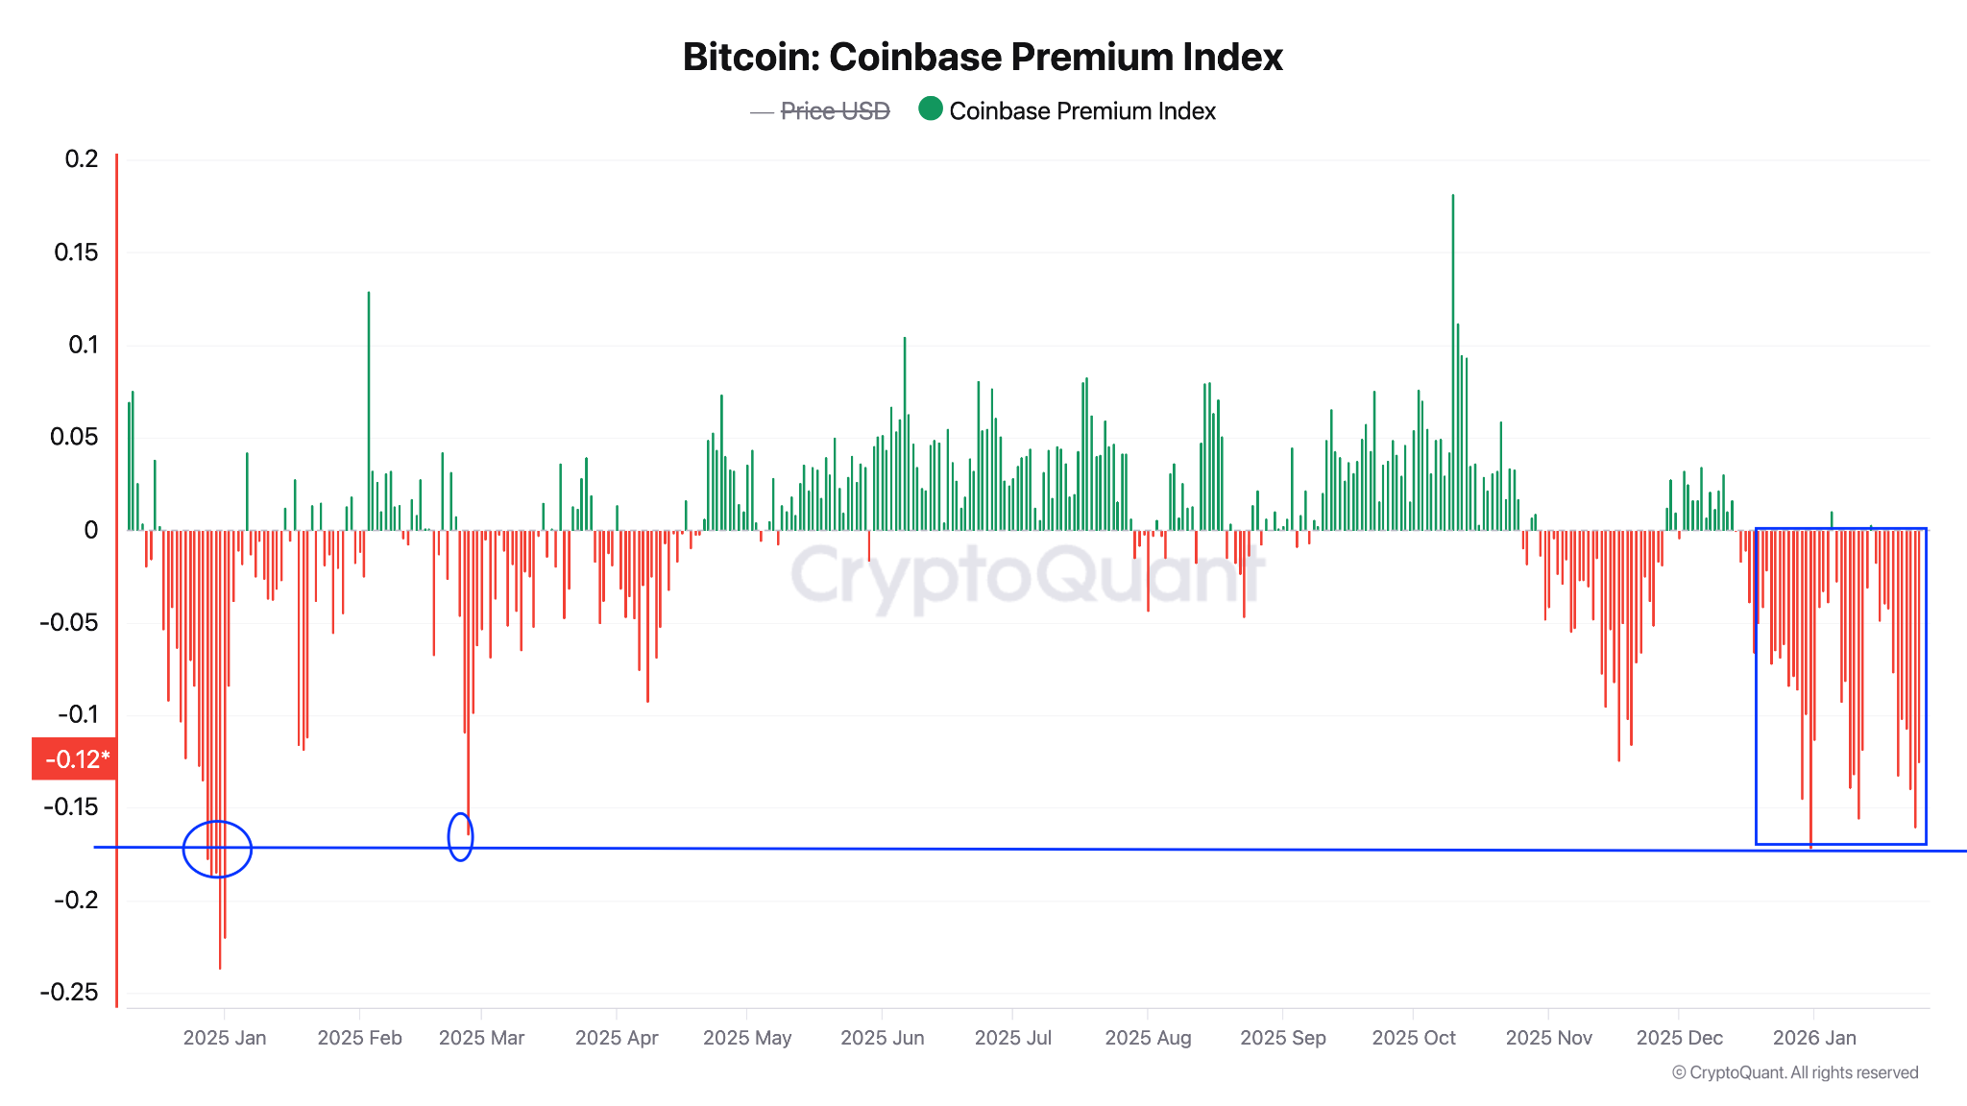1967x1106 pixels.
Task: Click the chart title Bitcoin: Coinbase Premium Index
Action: (983, 58)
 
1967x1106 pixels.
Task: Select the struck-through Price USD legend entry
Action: (835, 111)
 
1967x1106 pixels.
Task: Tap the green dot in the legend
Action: (930, 109)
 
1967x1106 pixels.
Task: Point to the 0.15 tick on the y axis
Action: (76, 252)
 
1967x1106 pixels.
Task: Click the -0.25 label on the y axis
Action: (69, 993)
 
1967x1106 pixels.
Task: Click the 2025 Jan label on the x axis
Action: (225, 1038)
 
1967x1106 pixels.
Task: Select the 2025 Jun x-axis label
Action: (882, 1038)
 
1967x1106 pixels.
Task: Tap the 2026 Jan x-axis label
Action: (1813, 1038)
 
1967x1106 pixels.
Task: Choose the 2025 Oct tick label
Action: (1413, 1038)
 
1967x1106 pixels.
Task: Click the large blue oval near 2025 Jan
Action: (217, 850)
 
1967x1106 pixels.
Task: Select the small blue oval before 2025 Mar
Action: (460, 836)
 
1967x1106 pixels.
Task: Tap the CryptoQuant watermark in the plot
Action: (1026, 575)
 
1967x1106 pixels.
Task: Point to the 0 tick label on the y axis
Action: (91, 530)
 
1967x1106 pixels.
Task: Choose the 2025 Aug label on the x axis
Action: (1148, 1038)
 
